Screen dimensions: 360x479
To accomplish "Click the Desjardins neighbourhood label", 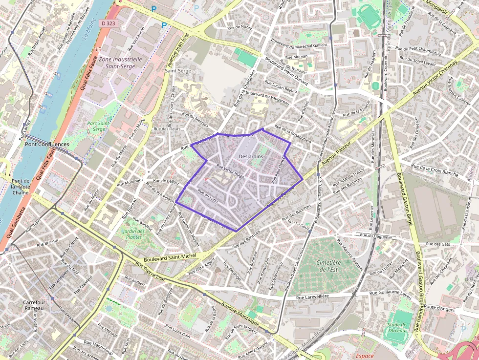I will coord(251,156).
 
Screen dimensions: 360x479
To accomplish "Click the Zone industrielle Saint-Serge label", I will coord(120,62).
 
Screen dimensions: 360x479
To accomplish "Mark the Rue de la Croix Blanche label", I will coord(435,170).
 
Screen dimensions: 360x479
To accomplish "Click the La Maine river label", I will coord(89,32).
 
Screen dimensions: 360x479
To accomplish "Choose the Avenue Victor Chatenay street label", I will coord(434,78).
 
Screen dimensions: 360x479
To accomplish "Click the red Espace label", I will coord(365,356).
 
